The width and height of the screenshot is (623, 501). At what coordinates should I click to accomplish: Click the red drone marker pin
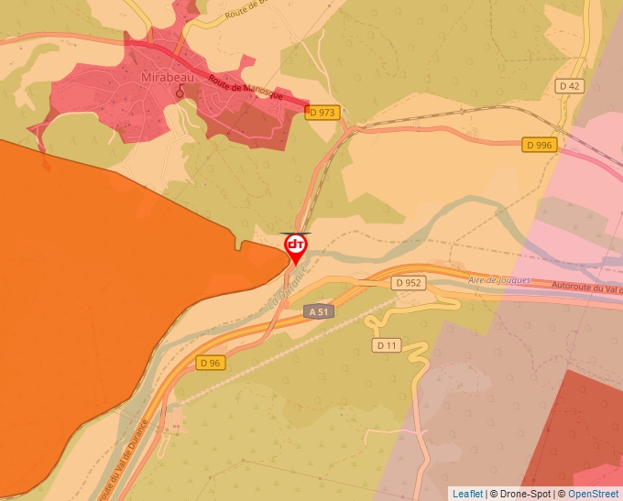tap(295, 246)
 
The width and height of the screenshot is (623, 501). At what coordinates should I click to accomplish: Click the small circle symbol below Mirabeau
tap(180, 92)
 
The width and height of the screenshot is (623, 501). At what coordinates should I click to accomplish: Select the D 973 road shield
tap(322, 113)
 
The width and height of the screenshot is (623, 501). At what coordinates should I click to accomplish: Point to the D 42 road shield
tap(569, 85)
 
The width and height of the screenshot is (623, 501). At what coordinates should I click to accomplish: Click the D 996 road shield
tap(540, 145)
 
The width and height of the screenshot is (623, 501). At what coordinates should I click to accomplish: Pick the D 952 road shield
tap(409, 283)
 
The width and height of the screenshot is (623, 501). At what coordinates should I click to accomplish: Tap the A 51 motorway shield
tap(319, 311)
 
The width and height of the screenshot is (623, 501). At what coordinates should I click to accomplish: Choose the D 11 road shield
tap(387, 345)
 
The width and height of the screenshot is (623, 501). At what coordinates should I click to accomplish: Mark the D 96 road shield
tap(210, 363)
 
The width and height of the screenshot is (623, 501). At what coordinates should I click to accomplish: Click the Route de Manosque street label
tap(246, 89)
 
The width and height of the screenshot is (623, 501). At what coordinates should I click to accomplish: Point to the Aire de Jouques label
tap(498, 280)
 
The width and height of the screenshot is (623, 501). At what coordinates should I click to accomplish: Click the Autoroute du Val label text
tap(586, 289)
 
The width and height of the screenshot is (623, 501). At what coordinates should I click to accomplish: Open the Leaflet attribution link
tap(467, 494)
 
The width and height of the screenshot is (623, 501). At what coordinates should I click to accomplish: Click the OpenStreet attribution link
tap(595, 494)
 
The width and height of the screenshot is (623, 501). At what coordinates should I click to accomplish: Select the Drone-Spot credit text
tap(527, 494)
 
